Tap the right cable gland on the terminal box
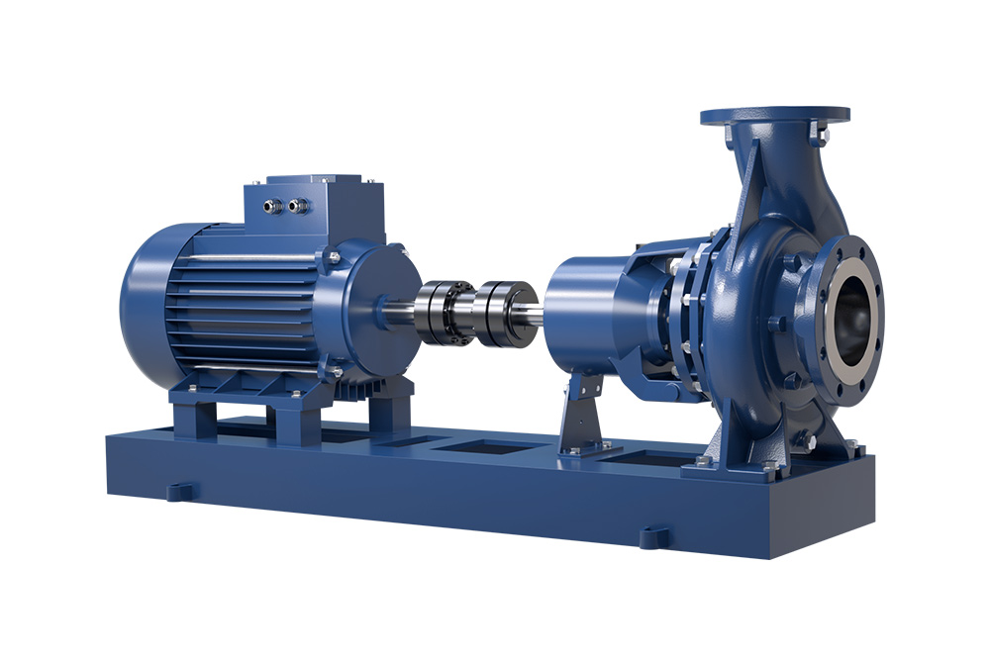pyautogui.click(x=294, y=206)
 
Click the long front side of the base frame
pyautogui.click(x=396, y=505)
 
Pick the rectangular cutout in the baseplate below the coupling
pyautogui.click(x=485, y=447)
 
